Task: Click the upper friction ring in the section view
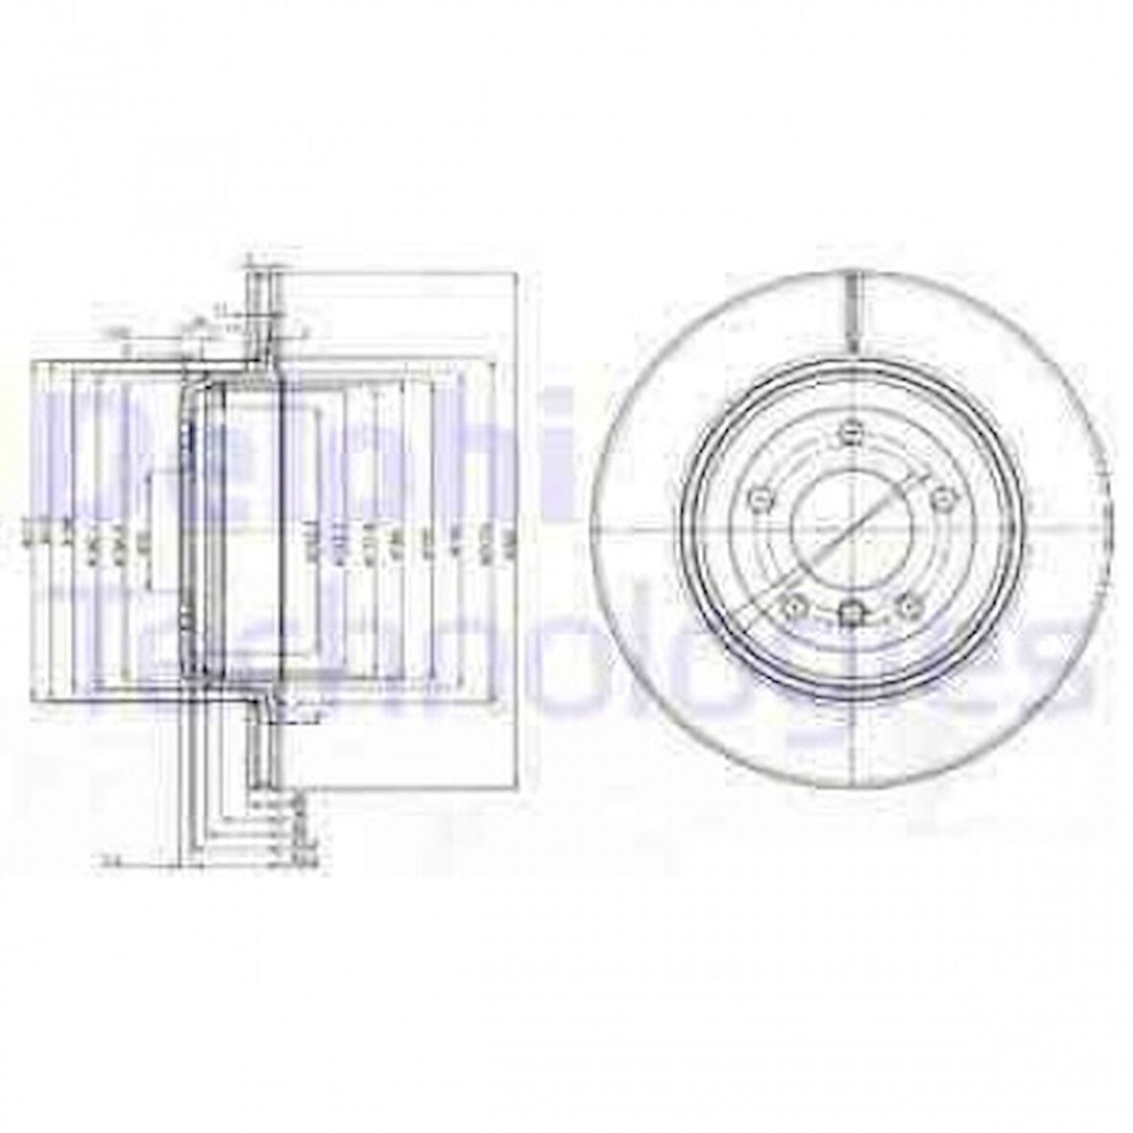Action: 258,317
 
